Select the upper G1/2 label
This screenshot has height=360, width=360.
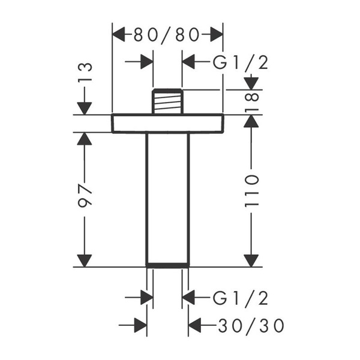(239, 62)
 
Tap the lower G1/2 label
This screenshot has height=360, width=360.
(239, 297)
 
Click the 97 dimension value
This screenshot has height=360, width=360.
(85, 194)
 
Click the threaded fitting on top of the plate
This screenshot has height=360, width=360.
(167, 101)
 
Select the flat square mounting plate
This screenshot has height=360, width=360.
(167, 124)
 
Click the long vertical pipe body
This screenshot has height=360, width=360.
(167, 198)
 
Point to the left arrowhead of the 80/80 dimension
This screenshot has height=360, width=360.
(119, 35)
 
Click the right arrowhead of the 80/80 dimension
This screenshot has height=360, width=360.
(217, 35)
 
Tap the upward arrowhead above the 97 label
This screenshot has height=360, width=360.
(85, 139)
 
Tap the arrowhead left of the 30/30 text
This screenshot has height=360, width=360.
(196, 326)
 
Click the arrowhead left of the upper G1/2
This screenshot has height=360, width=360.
(190, 62)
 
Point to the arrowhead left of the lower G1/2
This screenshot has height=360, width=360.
(189, 297)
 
